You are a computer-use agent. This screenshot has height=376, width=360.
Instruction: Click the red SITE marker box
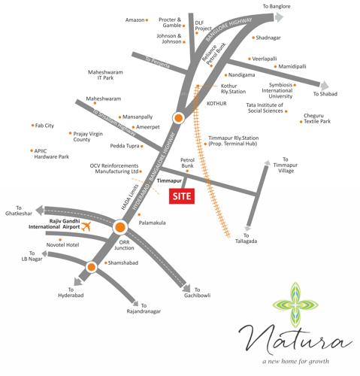(180, 197)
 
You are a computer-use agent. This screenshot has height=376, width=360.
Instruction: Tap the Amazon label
(135, 20)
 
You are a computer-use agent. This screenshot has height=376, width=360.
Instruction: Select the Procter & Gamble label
(171, 24)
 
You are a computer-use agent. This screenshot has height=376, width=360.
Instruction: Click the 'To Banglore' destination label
(276, 6)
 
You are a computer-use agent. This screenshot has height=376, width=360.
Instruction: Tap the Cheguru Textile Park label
(316, 118)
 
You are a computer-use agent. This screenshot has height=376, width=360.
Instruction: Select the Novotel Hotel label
(62, 244)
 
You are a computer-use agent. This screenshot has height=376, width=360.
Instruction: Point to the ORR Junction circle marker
(119, 226)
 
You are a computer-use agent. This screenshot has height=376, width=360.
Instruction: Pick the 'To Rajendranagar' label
(144, 311)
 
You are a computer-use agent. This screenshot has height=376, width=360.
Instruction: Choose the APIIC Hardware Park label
(51, 153)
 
